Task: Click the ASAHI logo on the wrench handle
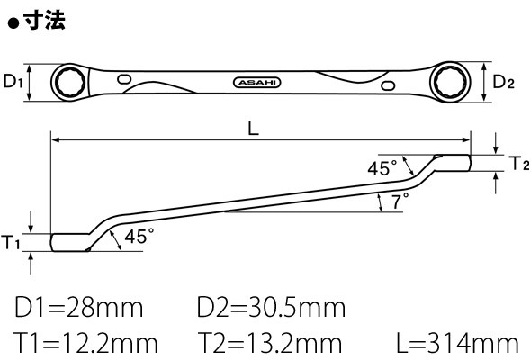pyautogui.click(x=257, y=83)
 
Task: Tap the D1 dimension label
pyautogui.click(x=13, y=82)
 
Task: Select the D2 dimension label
pyautogui.click(x=503, y=82)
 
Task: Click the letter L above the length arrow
pyautogui.click(x=253, y=129)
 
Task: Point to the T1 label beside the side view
pyautogui.click(x=11, y=242)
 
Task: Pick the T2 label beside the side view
pyautogui.click(x=519, y=163)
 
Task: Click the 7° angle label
pyautogui.click(x=400, y=201)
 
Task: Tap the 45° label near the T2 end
pyautogui.click(x=382, y=168)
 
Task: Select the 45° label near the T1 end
pyautogui.click(x=139, y=236)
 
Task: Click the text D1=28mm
pyautogui.click(x=79, y=308)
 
